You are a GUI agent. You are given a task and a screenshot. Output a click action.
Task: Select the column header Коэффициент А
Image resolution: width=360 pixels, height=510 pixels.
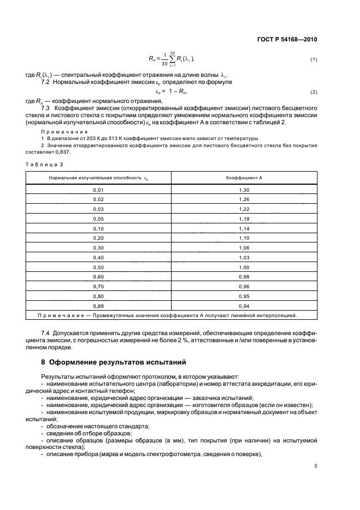coord(244,178)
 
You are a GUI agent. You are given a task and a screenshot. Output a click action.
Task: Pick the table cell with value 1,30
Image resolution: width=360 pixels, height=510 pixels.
coord(244,190)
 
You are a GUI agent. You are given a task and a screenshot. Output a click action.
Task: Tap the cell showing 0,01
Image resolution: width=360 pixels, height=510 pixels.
coord(98,190)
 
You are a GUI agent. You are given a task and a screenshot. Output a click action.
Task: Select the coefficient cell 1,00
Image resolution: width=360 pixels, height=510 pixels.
coord(244,268)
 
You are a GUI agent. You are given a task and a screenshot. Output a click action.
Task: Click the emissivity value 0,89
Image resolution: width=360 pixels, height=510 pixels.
coord(98,306)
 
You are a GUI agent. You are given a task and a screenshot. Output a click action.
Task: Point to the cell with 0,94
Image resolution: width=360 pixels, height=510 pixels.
coord(244,306)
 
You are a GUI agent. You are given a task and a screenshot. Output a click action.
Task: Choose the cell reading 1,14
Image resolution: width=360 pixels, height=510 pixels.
coord(244,228)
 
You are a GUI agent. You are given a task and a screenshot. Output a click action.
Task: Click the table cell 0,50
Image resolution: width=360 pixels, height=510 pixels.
coord(98,268)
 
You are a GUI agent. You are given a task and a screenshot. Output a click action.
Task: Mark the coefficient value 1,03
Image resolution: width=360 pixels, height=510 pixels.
coord(244,258)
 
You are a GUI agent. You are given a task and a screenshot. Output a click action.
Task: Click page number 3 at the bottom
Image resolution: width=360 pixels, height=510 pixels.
coord(315,465)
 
